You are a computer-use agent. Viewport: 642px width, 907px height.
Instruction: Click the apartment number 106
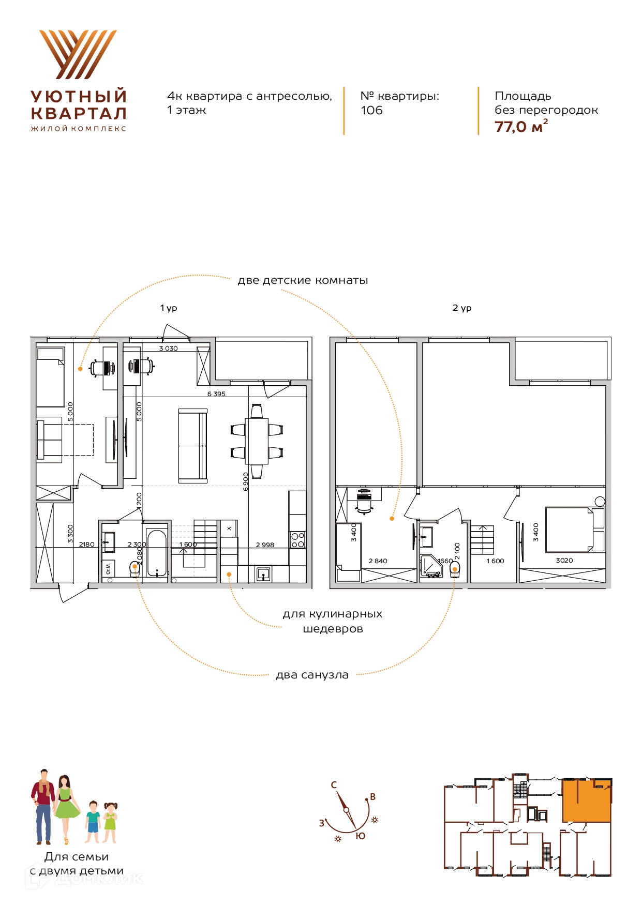(371, 110)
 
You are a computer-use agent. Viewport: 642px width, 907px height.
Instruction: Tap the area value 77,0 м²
(521, 127)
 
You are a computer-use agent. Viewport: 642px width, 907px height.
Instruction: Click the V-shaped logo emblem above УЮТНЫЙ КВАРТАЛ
(78, 54)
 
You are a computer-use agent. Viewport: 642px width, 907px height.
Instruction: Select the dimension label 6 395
(216, 394)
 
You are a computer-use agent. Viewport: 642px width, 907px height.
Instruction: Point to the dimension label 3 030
(168, 349)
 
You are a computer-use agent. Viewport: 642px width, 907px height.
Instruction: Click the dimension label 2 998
(265, 545)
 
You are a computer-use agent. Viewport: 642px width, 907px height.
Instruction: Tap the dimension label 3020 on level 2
(564, 561)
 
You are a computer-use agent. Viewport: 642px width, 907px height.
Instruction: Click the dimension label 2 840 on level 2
(378, 561)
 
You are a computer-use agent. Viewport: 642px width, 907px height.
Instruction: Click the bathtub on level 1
(157, 552)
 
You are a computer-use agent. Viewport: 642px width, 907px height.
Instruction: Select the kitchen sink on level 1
(263, 575)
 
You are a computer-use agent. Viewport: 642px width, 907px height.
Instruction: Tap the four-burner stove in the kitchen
(297, 540)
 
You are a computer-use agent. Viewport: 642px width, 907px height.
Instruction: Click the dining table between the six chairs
(257, 441)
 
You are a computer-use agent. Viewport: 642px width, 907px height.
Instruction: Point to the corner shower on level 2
(431, 566)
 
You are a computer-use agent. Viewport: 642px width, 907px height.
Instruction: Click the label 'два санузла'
(312, 675)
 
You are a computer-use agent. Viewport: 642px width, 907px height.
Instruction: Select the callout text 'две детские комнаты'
(303, 281)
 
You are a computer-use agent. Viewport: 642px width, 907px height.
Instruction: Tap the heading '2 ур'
(462, 308)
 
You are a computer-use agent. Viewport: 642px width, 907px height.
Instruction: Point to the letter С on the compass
(334, 785)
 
